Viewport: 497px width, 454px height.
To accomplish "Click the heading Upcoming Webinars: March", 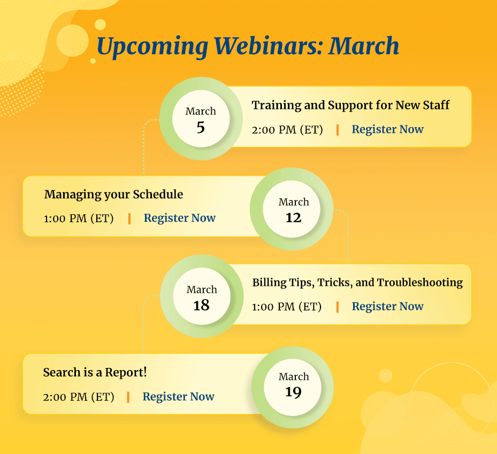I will tap(248, 46).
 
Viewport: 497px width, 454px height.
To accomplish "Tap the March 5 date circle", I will tap(201, 120).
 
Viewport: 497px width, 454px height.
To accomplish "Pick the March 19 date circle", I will tap(293, 385).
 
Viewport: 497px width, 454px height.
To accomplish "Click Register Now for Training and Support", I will tap(387, 129).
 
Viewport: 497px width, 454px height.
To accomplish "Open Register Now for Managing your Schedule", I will tap(180, 218).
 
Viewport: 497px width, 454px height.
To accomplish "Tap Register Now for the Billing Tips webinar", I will tap(387, 306).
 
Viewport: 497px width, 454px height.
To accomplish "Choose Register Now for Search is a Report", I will tap(178, 396).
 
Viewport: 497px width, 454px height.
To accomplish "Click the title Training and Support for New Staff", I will tap(350, 105).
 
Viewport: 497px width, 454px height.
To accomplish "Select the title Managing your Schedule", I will tap(113, 194).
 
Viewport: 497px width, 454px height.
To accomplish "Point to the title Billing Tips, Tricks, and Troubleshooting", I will tap(357, 282).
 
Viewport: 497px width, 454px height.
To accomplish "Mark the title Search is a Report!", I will tap(95, 372).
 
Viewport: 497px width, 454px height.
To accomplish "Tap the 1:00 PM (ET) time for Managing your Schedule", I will tap(79, 218).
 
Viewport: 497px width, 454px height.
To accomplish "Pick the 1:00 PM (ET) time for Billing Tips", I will tap(287, 307).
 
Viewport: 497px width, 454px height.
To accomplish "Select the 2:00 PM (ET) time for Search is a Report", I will tap(79, 397).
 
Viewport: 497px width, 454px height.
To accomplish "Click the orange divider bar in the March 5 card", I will tap(337, 130).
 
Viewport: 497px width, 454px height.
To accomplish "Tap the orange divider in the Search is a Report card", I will tap(128, 397).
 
